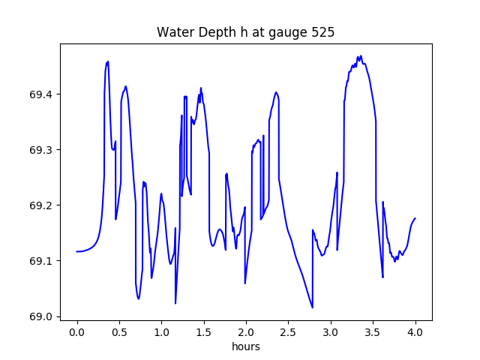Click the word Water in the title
[x=174, y=33]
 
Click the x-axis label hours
[x=246, y=346]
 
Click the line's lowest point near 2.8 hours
[x=313, y=307]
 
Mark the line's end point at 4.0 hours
[x=415, y=218]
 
